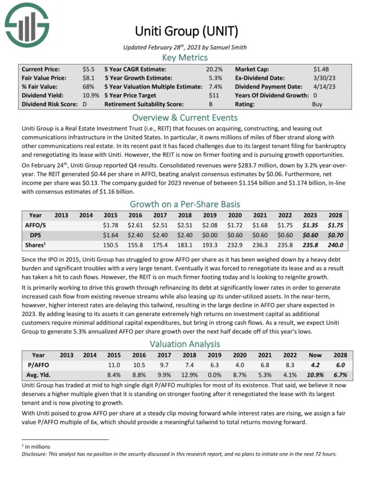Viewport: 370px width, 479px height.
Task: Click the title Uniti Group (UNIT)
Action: [x=185, y=31]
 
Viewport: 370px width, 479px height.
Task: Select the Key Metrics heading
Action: [x=185, y=57]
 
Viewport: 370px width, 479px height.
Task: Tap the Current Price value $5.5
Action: [x=88, y=69]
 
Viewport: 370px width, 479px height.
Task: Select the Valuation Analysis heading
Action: [x=185, y=343]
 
